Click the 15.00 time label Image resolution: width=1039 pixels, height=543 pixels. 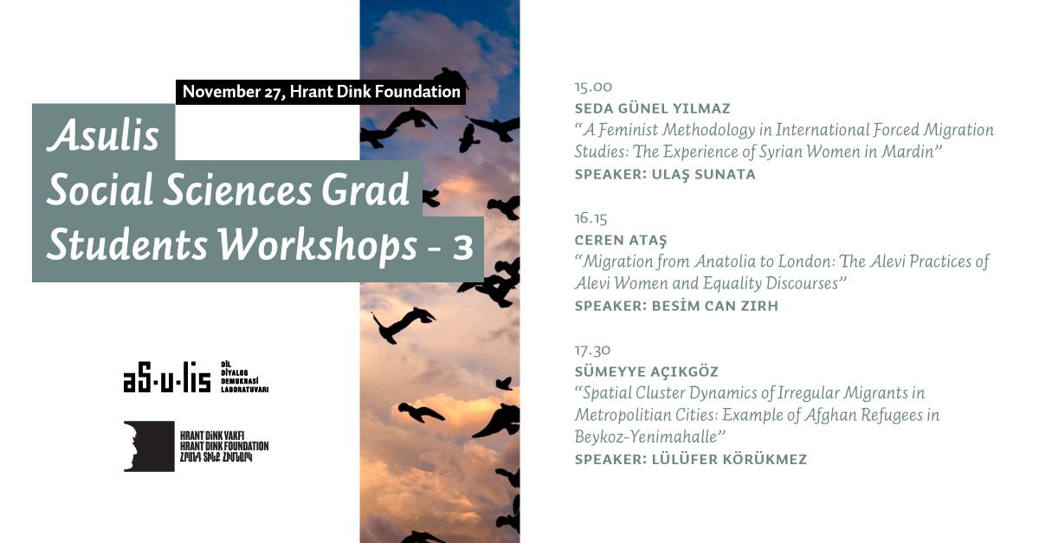[593, 87]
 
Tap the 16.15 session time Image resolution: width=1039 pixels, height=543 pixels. [590, 218]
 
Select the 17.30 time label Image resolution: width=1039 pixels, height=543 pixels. [592, 350]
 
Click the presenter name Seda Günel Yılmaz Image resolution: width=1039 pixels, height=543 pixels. [652, 108]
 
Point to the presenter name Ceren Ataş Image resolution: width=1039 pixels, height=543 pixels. [621, 240]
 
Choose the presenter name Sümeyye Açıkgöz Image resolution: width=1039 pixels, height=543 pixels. [647, 372]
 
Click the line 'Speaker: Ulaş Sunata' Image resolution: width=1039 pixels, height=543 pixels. [665, 174]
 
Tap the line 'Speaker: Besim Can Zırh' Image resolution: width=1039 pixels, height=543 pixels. [676, 306]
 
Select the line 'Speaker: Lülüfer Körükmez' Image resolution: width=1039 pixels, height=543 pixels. [691, 460]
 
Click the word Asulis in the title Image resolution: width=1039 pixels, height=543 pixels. [103, 134]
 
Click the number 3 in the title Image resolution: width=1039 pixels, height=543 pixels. [462, 248]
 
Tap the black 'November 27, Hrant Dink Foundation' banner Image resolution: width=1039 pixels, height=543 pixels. [320, 92]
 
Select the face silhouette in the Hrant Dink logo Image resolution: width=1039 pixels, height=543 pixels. [149, 447]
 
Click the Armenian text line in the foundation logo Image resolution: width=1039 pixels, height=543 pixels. [216, 457]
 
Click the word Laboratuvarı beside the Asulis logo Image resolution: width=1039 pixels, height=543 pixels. [244, 390]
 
